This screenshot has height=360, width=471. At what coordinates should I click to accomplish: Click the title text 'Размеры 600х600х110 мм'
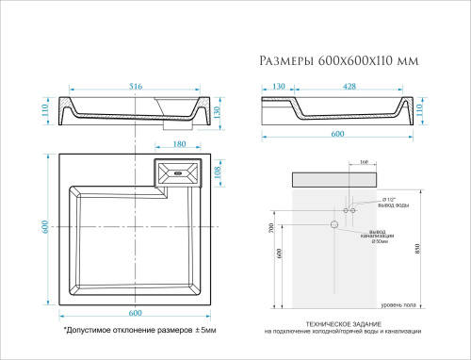[338, 61]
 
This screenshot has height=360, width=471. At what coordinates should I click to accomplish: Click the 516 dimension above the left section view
[136, 87]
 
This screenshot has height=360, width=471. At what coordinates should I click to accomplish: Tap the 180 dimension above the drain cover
[180, 145]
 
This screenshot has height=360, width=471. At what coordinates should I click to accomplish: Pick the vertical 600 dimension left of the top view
[43, 227]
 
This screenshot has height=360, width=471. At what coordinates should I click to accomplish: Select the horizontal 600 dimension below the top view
[135, 313]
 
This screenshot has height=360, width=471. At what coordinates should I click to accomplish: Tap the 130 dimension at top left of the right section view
[280, 87]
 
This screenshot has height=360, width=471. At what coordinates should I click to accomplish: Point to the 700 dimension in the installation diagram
[270, 229]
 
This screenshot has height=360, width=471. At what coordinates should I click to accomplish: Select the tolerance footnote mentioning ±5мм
[139, 332]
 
